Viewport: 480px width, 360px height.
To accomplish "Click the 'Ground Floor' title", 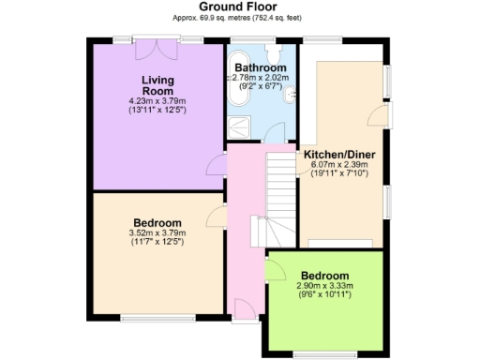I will (x=239, y=7).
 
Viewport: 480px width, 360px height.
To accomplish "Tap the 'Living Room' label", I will (x=157, y=85).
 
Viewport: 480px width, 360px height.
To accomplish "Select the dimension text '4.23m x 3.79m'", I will (x=157, y=100).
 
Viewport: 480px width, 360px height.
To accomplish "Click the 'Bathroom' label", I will (x=260, y=68).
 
